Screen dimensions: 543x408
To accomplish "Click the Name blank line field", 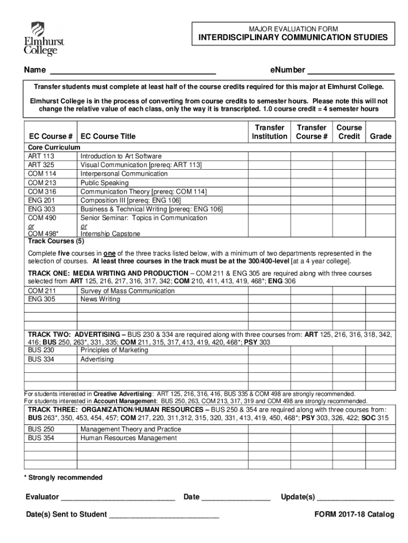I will pyautogui.click(x=132, y=71).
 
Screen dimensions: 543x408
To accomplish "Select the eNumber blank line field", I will pyautogui.click(x=351, y=71).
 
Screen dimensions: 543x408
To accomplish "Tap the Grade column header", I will pyautogui.click(x=380, y=136).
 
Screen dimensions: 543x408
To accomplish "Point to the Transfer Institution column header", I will pyautogui.click(x=269, y=132).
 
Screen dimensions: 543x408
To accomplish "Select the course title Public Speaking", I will pyautogui.click(x=104, y=183).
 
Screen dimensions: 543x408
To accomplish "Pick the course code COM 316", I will pyautogui.click(x=42, y=191).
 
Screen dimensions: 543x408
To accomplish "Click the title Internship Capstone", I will pyautogui.click(x=110, y=233).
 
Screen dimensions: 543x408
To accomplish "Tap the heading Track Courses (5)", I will pyautogui.click(x=56, y=241).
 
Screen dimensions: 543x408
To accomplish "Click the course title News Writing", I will pyautogui.click(x=100, y=299).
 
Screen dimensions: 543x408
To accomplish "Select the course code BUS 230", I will pyautogui.click(x=41, y=350).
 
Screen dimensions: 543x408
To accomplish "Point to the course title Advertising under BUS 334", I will pyautogui.click(x=97, y=359).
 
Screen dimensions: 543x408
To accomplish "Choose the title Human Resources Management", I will pyautogui.click(x=128, y=438).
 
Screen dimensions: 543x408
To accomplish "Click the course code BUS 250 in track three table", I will pyautogui.click(x=41, y=429).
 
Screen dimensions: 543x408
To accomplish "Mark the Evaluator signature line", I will pyautogui.click(x=118, y=497).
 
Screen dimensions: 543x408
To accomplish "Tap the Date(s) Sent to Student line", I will pyautogui.click(x=164, y=515).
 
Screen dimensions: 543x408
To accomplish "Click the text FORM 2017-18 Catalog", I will pyautogui.click(x=354, y=514).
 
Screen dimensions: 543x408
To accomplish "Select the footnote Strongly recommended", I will pyautogui.click(x=63, y=478).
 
